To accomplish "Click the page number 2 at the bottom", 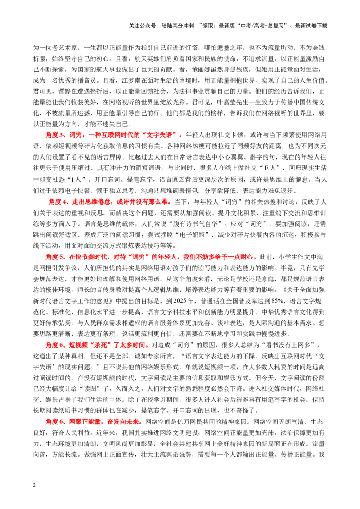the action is click(34, 485).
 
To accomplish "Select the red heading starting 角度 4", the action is click(110, 202).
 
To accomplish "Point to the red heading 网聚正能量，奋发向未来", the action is click(94, 422).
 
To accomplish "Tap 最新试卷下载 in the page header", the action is click(311, 26).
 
